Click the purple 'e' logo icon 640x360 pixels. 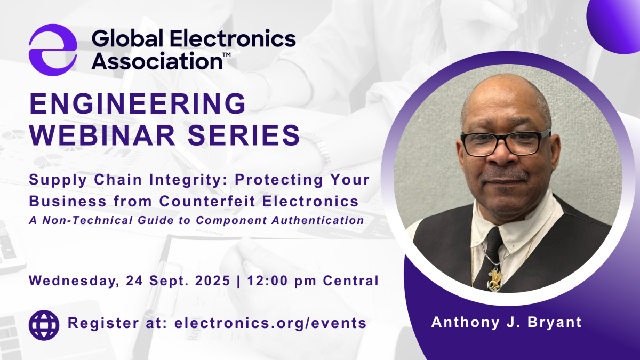pyautogui.click(x=53, y=50)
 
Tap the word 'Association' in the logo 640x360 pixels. pyautogui.click(x=156, y=61)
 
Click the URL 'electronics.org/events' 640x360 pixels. pyautogui.click(x=270, y=323)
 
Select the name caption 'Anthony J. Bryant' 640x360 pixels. pyautogui.click(x=506, y=322)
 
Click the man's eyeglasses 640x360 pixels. pyautogui.click(x=505, y=142)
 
